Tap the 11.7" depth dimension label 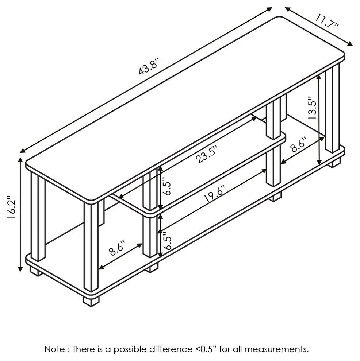click(327, 20)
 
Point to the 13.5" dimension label click(312, 108)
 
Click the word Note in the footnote click(53, 349)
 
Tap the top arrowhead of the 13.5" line click(320, 75)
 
